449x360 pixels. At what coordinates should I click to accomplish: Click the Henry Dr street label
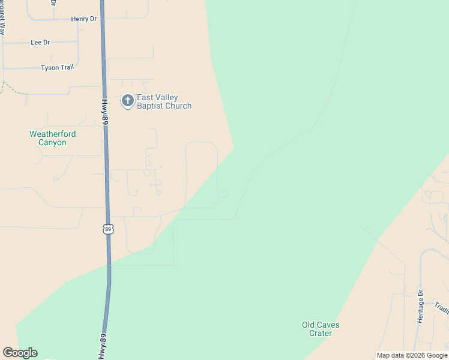coord(83,19)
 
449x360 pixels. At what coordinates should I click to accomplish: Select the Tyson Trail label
coord(58,68)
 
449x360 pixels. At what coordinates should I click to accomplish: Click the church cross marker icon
coord(127,101)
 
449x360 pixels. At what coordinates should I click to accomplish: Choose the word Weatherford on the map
coord(53,134)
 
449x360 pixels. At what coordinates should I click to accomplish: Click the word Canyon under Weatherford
coord(52,143)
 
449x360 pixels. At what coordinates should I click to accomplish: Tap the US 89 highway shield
coord(108,229)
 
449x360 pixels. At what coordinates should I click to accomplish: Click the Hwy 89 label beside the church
coord(104,112)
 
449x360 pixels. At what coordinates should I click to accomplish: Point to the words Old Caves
coord(320,325)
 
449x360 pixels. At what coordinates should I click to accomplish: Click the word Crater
coord(321,333)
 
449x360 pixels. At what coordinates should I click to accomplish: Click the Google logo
coord(20,353)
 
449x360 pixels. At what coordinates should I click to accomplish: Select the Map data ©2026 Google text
coord(412,355)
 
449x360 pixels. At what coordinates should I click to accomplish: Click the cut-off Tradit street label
coord(442,308)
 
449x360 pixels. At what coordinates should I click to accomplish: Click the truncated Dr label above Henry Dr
coord(53,2)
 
